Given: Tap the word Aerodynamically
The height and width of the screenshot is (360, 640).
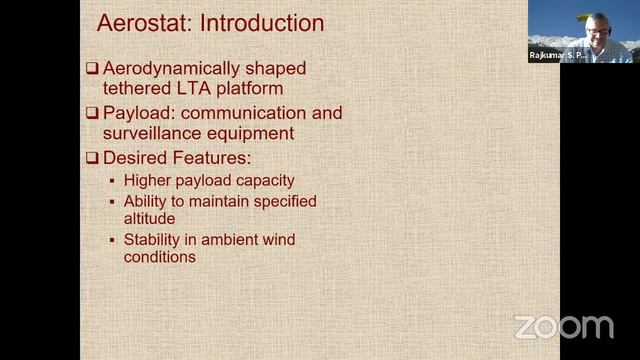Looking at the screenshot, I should (171, 69).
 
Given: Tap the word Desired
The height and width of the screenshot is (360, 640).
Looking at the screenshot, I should (134, 157).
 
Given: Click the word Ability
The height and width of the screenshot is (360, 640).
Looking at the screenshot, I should (146, 201).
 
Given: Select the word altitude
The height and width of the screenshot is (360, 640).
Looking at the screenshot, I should (150, 218).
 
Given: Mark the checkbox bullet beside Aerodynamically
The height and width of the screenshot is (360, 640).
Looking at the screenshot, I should (91, 69).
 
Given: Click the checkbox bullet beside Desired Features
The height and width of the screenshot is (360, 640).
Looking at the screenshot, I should (91, 157).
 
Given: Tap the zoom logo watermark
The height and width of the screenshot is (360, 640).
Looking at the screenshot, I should (563, 326).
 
